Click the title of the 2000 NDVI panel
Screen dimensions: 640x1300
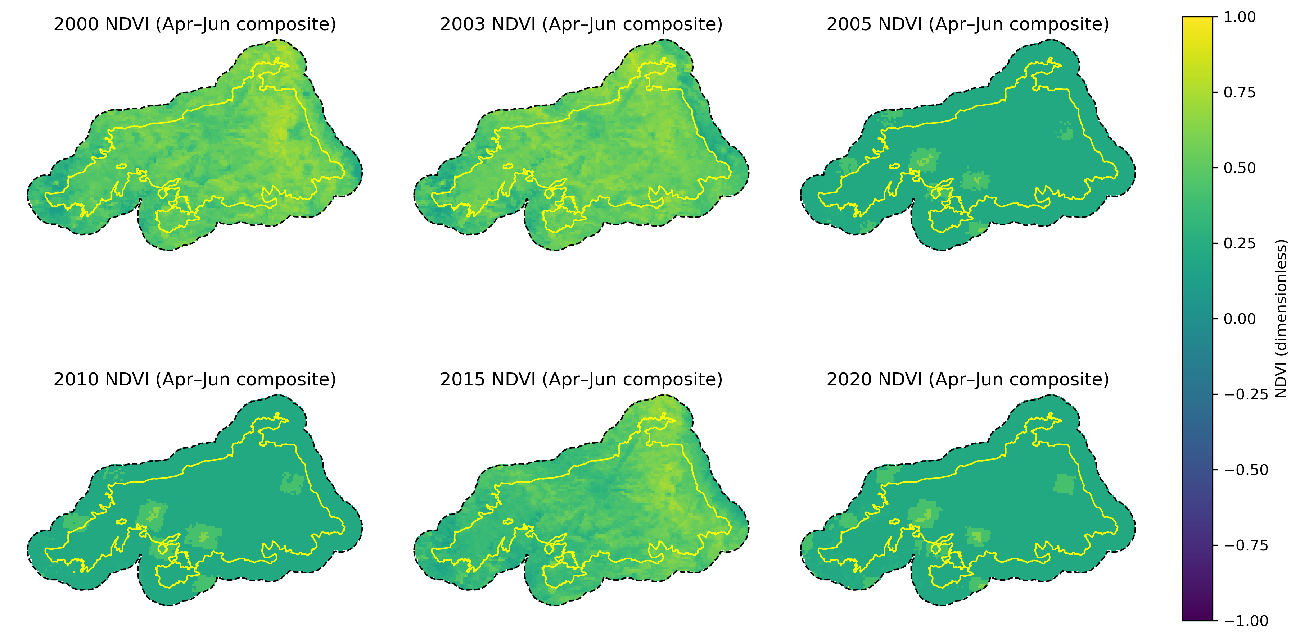pos(194,24)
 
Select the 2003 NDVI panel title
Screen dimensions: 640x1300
pos(581,24)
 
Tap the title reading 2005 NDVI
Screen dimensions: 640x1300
pos(967,24)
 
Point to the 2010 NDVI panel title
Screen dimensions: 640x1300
pos(194,379)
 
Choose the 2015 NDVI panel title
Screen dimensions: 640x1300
pos(581,379)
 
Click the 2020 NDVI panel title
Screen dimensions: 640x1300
pos(967,379)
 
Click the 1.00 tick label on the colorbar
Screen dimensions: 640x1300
pos(1240,17)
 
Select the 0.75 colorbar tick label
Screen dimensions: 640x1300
pos(1240,93)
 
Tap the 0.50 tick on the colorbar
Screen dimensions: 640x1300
pos(1240,168)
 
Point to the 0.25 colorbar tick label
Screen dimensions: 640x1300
pos(1240,243)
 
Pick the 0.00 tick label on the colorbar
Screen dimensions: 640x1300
pos(1240,319)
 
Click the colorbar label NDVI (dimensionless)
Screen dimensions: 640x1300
pos(1281,319)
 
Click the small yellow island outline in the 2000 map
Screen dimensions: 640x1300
pos(121,166)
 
